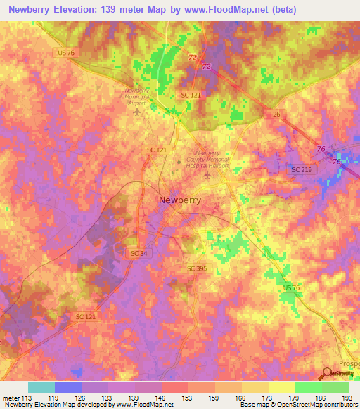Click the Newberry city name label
click(179, 200)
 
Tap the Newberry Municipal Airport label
click(138, 96)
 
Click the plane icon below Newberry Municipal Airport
click(137, 111)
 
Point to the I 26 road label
click(275, 113)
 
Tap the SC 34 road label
click(139, 252)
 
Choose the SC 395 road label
click(198, 268)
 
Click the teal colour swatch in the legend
click(41, 387)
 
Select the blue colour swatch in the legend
click(68, 387)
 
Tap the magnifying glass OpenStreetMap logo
click(328, 373)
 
